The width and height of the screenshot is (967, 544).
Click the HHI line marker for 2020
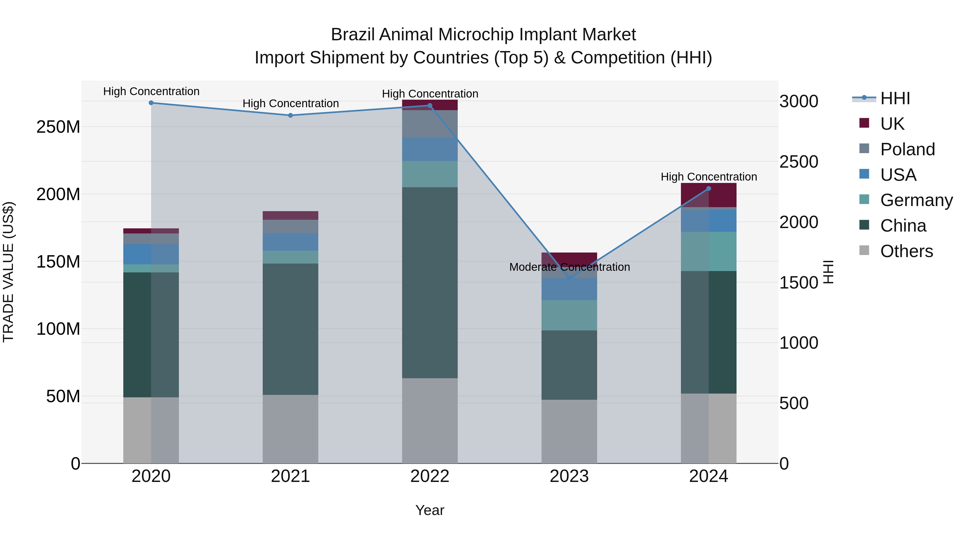[151, 103]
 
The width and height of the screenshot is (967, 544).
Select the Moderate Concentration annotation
[569, 267]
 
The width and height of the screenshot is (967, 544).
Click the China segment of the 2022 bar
[430, 282]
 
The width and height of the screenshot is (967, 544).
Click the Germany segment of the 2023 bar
[569, 315]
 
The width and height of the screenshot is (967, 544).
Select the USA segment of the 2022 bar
[430, 149]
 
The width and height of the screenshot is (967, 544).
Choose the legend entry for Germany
[916, 200]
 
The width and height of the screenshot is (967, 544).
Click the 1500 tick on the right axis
[799, 282]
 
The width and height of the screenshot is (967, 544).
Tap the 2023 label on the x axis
[569, 476]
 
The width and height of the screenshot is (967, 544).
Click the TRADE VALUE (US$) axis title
[8, 272]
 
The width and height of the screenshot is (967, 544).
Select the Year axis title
[430, 510]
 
